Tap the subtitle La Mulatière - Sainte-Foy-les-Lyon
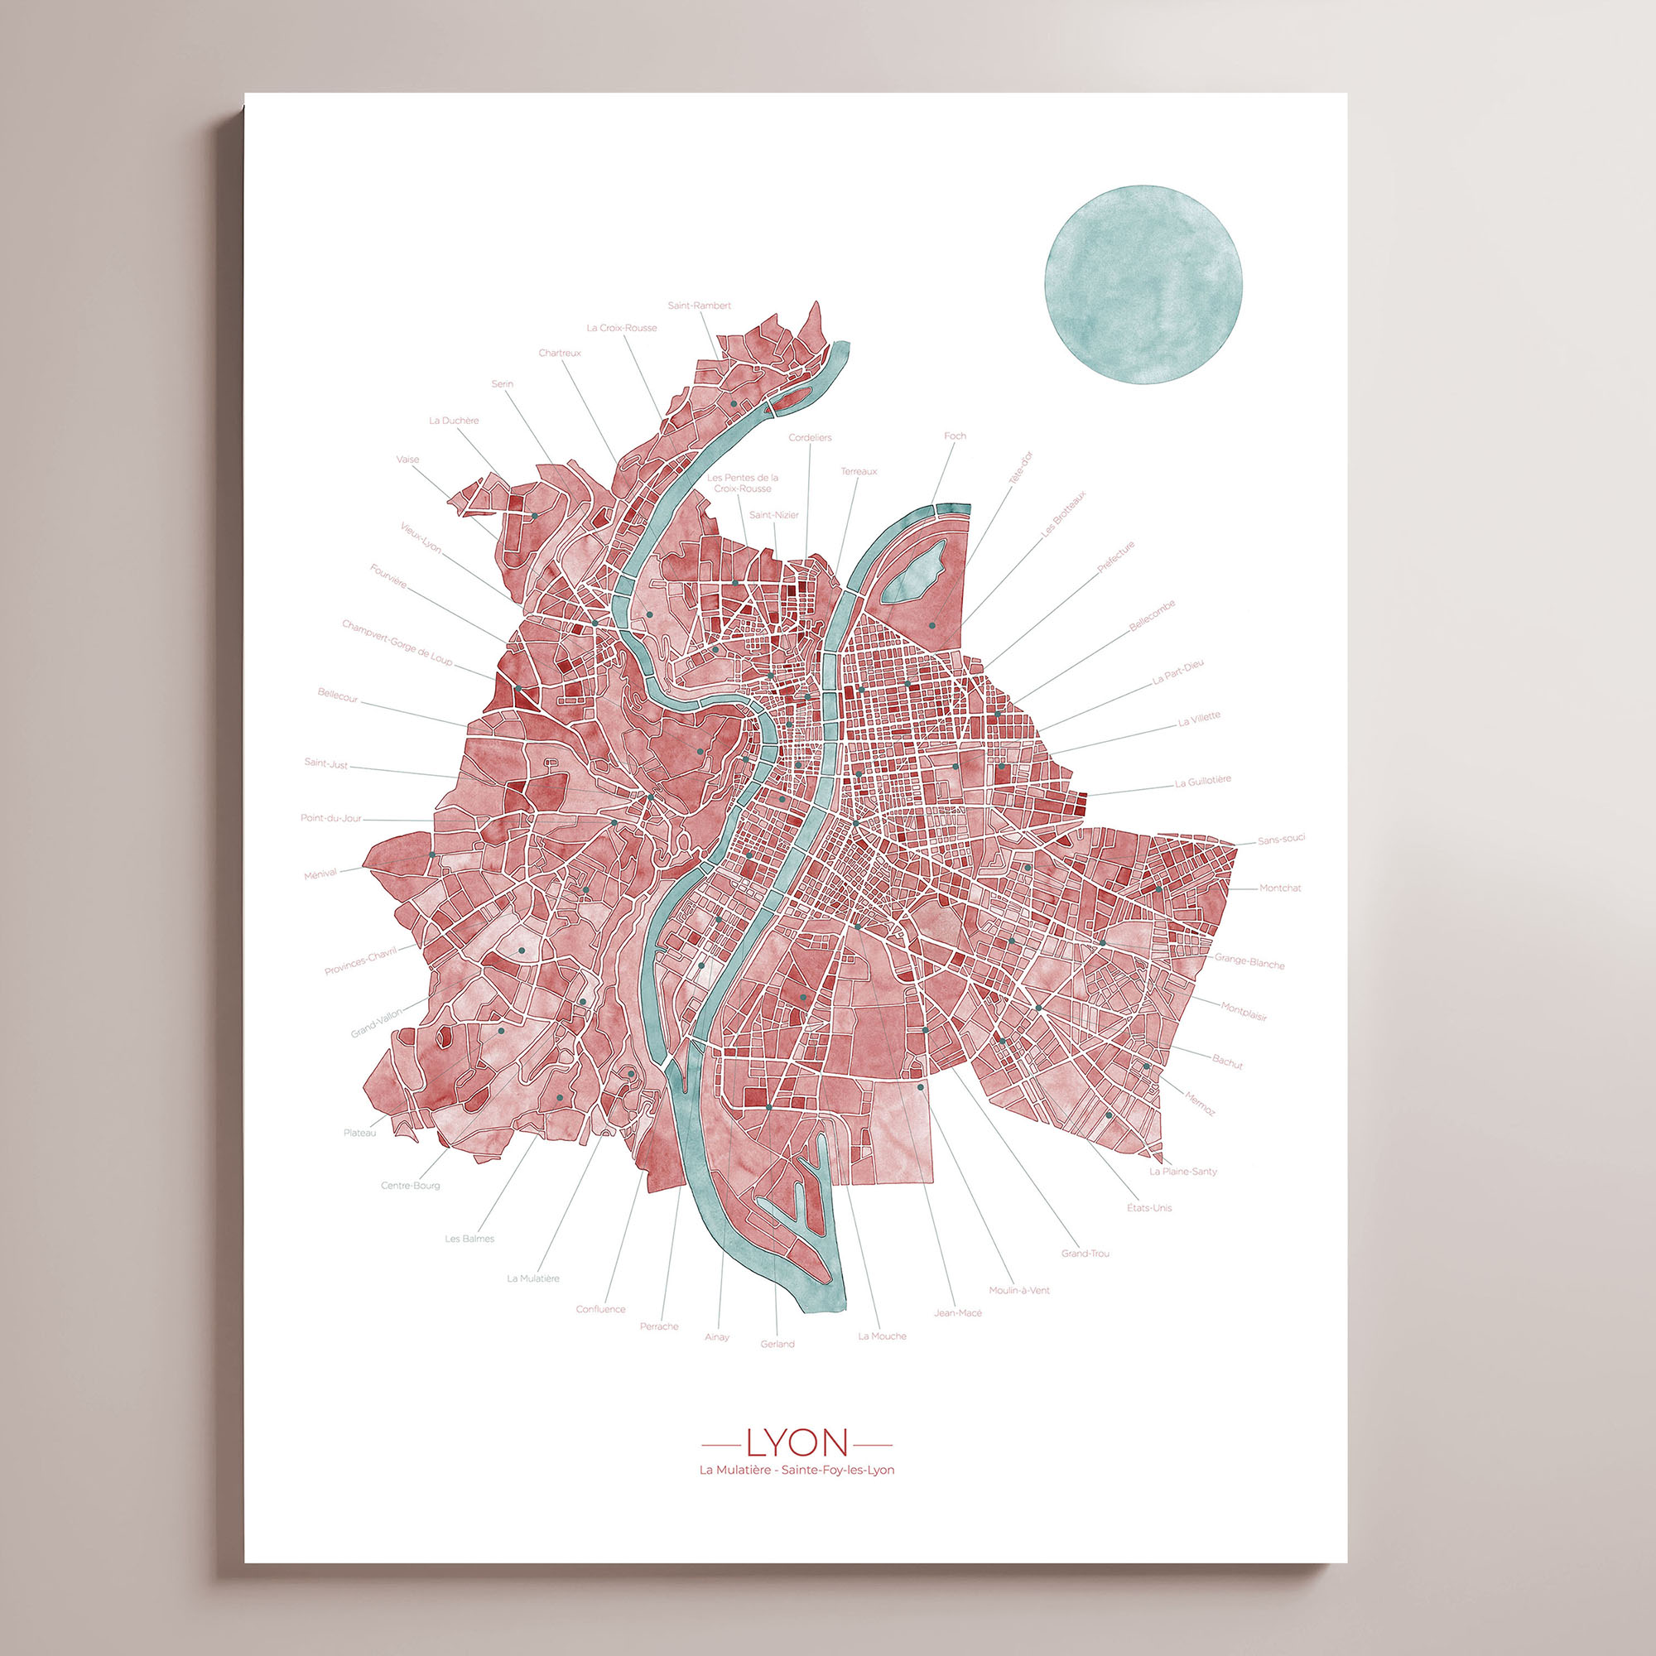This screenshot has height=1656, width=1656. [x=797, y=1470]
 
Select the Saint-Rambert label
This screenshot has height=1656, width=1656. [x=700, y=306]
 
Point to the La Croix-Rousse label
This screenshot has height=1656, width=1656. [x=622, y=328]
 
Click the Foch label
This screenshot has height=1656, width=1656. [x=955, y=436]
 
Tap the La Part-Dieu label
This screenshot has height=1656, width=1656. [x=1178, y=675]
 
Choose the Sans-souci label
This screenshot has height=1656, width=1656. [x=1281, y=839]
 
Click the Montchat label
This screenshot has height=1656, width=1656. [x=1280, y=888]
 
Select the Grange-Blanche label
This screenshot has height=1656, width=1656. [x=1249, y=961]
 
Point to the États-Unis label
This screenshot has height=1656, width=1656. [x=1149, y=1208]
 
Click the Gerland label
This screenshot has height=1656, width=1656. [x=777, y=1344]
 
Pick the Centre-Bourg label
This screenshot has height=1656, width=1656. [x=411, y=1187]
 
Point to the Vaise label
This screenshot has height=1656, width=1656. [x=408, y=460]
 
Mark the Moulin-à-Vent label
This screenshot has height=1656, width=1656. [x=1018, y=1291]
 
